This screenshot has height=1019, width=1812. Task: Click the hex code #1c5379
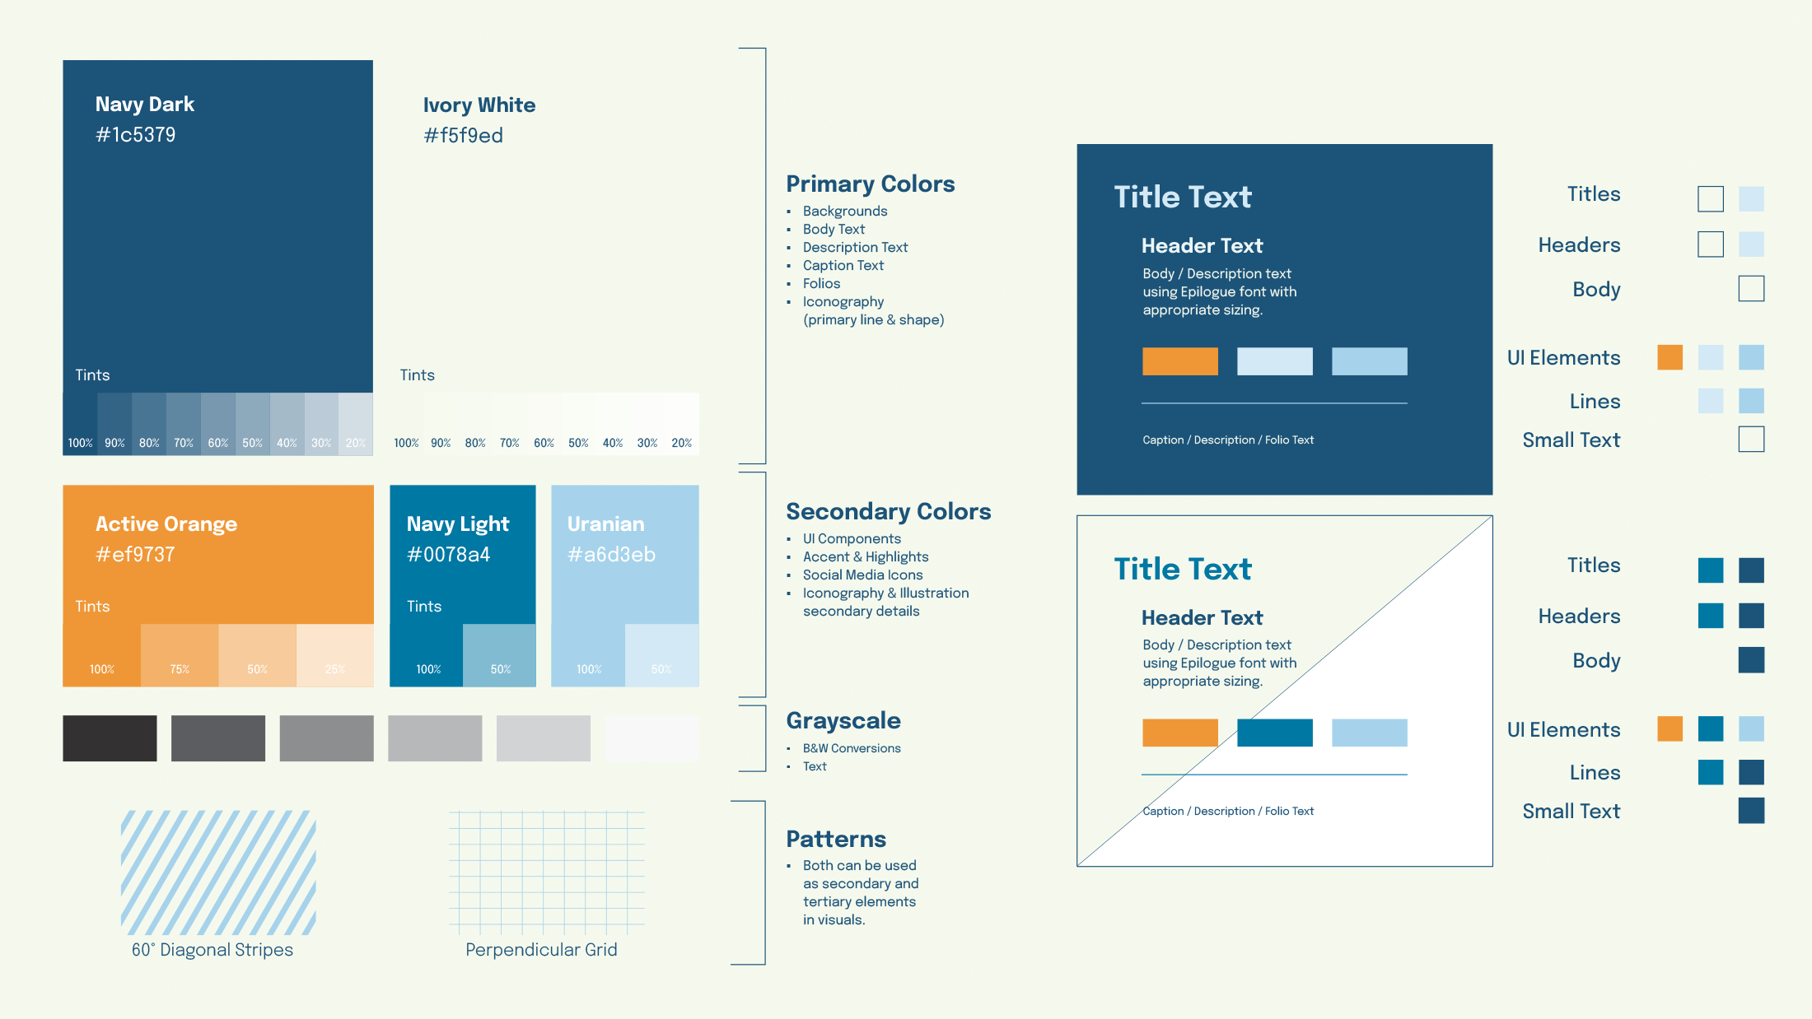136,135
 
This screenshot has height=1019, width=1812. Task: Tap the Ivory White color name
479,105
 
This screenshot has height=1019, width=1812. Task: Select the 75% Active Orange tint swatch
180,655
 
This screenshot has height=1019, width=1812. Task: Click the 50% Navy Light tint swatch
499,655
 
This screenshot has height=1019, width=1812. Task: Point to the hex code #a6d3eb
611,555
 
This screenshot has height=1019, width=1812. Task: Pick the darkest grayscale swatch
110,738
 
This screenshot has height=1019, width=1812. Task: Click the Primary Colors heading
870,184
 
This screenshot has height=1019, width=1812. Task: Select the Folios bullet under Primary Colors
821,284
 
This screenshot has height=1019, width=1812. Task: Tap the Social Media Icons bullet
862,575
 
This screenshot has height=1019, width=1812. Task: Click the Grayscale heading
843,720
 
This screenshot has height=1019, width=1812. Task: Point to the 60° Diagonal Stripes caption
212,950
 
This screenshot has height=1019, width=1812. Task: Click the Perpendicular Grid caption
541,950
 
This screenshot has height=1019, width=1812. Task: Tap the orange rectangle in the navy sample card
1179,361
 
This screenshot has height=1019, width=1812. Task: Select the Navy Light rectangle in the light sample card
1274,733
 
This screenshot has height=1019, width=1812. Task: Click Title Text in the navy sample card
1183,198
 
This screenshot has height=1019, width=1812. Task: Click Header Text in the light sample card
1202,618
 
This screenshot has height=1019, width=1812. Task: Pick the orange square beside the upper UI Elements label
1670,357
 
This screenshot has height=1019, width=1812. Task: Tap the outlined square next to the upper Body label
1751,289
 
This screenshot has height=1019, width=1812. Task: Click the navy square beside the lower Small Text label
1751,811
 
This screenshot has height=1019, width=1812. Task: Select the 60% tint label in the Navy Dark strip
218,443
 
